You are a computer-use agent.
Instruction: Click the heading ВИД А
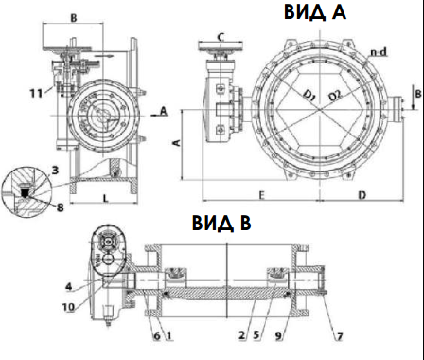(315, 12)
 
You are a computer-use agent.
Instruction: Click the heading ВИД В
(221, 223)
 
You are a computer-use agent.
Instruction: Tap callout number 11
(37, 93)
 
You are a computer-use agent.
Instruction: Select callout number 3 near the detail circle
(55, 171)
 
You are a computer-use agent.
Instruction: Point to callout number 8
(60, 207)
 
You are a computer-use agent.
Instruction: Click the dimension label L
(106, 198)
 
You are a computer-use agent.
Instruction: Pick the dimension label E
(261, 195)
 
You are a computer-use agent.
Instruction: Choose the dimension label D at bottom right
(362, 195)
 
